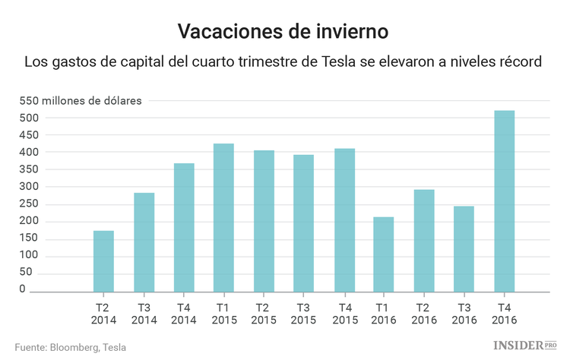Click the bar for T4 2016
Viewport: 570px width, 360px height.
(504, 201)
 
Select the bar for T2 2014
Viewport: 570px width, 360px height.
(103, 261)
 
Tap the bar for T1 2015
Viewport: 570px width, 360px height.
(223, 218)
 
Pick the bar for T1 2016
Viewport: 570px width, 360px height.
(384, 254)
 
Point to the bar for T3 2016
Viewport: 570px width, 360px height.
(464, 249)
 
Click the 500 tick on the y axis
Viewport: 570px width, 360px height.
(30, 118)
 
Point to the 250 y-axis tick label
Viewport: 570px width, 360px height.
(30, 187)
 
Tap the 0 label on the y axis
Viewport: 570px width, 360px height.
(24, 289)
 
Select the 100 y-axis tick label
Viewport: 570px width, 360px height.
(30, 255)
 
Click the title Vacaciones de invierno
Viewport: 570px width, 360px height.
(283, 31)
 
